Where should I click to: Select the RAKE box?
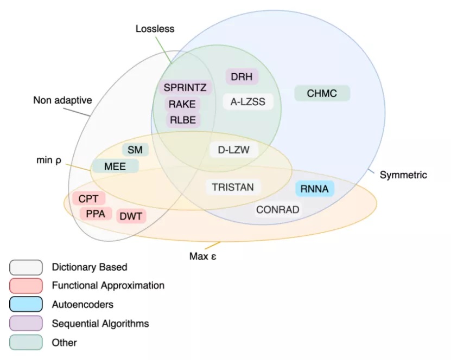182,104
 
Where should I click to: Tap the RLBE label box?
182,120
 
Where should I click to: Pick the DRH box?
242,77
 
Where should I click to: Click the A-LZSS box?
248,101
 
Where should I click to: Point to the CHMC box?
322,93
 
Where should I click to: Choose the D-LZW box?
234,150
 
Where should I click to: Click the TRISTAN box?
233,187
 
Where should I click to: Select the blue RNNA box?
315,189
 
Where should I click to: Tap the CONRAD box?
278,209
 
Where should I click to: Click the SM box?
135,150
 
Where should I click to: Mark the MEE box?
115,166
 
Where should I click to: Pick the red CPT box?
88,198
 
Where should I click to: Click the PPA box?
96,214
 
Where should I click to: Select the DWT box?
131,216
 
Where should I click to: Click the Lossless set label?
155,29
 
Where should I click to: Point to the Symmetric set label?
403,175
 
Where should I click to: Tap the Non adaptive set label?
62,100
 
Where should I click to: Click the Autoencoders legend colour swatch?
26,304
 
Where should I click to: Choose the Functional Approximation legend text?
108,285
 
